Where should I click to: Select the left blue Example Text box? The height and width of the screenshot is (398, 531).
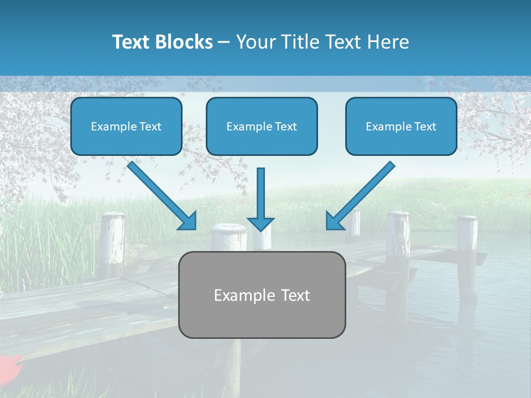coord(126,127)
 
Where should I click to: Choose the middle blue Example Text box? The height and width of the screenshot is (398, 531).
coord(262,127)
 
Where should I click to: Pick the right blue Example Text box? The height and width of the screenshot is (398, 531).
coord(401,127)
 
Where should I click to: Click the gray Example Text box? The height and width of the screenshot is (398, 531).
coord(262,295)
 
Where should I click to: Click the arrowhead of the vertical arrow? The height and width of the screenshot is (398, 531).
coord(261,223)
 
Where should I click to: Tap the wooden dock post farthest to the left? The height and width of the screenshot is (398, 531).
coord(113,243)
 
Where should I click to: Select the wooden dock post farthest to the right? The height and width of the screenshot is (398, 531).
coord(467,254)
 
